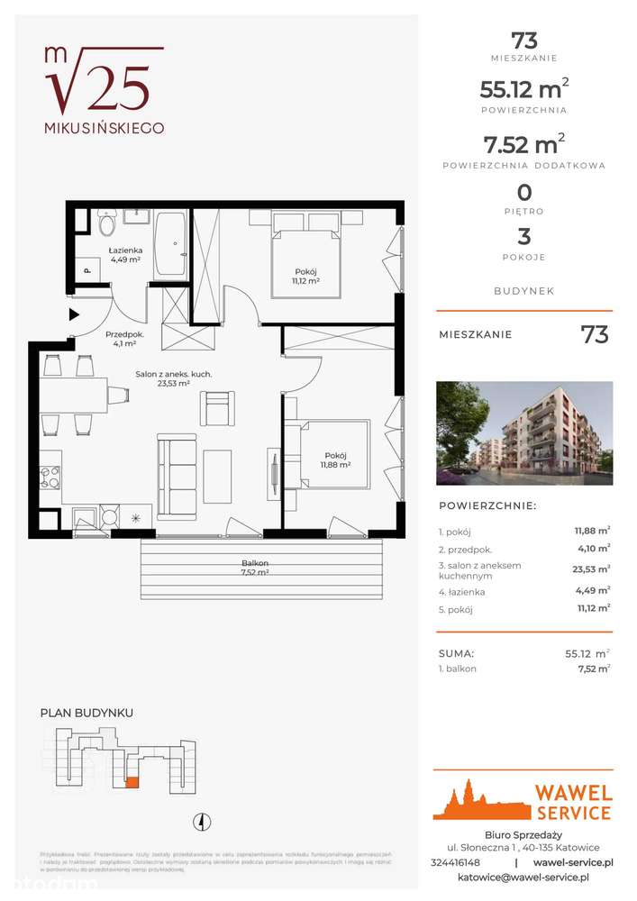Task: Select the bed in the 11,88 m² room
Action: (x=324, y=455)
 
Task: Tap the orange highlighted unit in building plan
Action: (x=132, y=783)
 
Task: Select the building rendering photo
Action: (x=523, y=433)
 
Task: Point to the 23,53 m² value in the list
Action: (x=591, y=569)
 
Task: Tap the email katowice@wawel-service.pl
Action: (x=523, y=877)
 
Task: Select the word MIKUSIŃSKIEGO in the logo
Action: (x=105, y=128)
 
